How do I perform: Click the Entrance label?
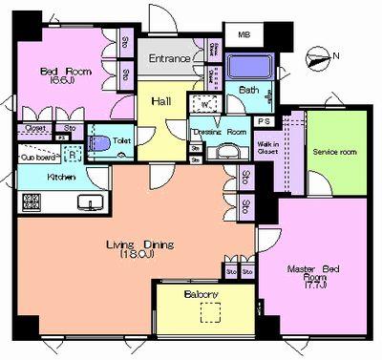[x=169, y=59]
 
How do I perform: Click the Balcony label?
[x=202, y=295]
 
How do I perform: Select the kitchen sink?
[x=93, y=202]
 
